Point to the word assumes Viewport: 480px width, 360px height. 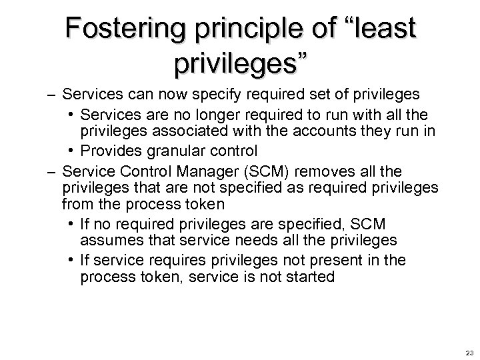107,240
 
